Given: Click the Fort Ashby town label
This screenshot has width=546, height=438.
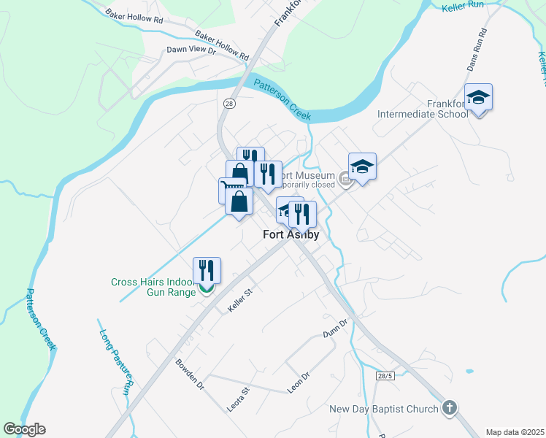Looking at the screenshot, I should click(x=291, y=234).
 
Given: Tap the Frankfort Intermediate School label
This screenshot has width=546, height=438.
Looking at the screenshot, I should click(x=423, y=109).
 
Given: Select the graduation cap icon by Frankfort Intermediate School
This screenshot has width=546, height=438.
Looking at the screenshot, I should click(x=479, y=97).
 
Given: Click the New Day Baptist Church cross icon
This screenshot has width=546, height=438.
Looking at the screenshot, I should click(x=450, y=409).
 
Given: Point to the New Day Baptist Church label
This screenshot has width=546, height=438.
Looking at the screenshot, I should click(x=384, y=409).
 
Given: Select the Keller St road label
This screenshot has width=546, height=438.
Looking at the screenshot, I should click(x=239, y=301).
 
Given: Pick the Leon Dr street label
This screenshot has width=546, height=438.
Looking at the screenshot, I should click(x=299, y=383).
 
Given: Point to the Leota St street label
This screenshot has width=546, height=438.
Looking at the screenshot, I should click(x=239, y=400).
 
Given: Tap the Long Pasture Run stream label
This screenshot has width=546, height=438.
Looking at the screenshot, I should click(x=115, y=362).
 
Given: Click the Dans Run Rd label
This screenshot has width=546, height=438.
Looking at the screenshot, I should click(x=476, y=50).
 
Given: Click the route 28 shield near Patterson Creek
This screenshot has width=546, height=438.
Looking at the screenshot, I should click(x=229, y=104).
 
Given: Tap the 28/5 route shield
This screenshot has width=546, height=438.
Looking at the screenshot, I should click(x=385, y=375).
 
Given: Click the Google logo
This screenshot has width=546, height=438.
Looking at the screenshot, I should click(x=24, y=429).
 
